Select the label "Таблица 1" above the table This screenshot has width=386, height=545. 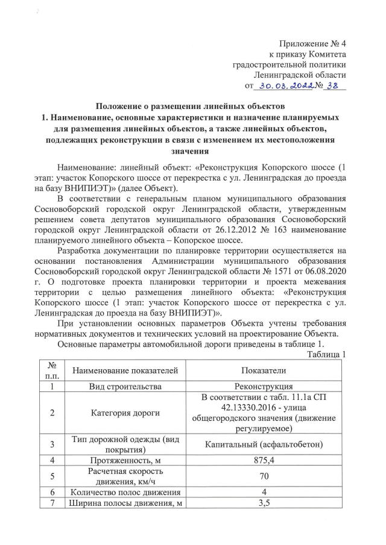[327, 354]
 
